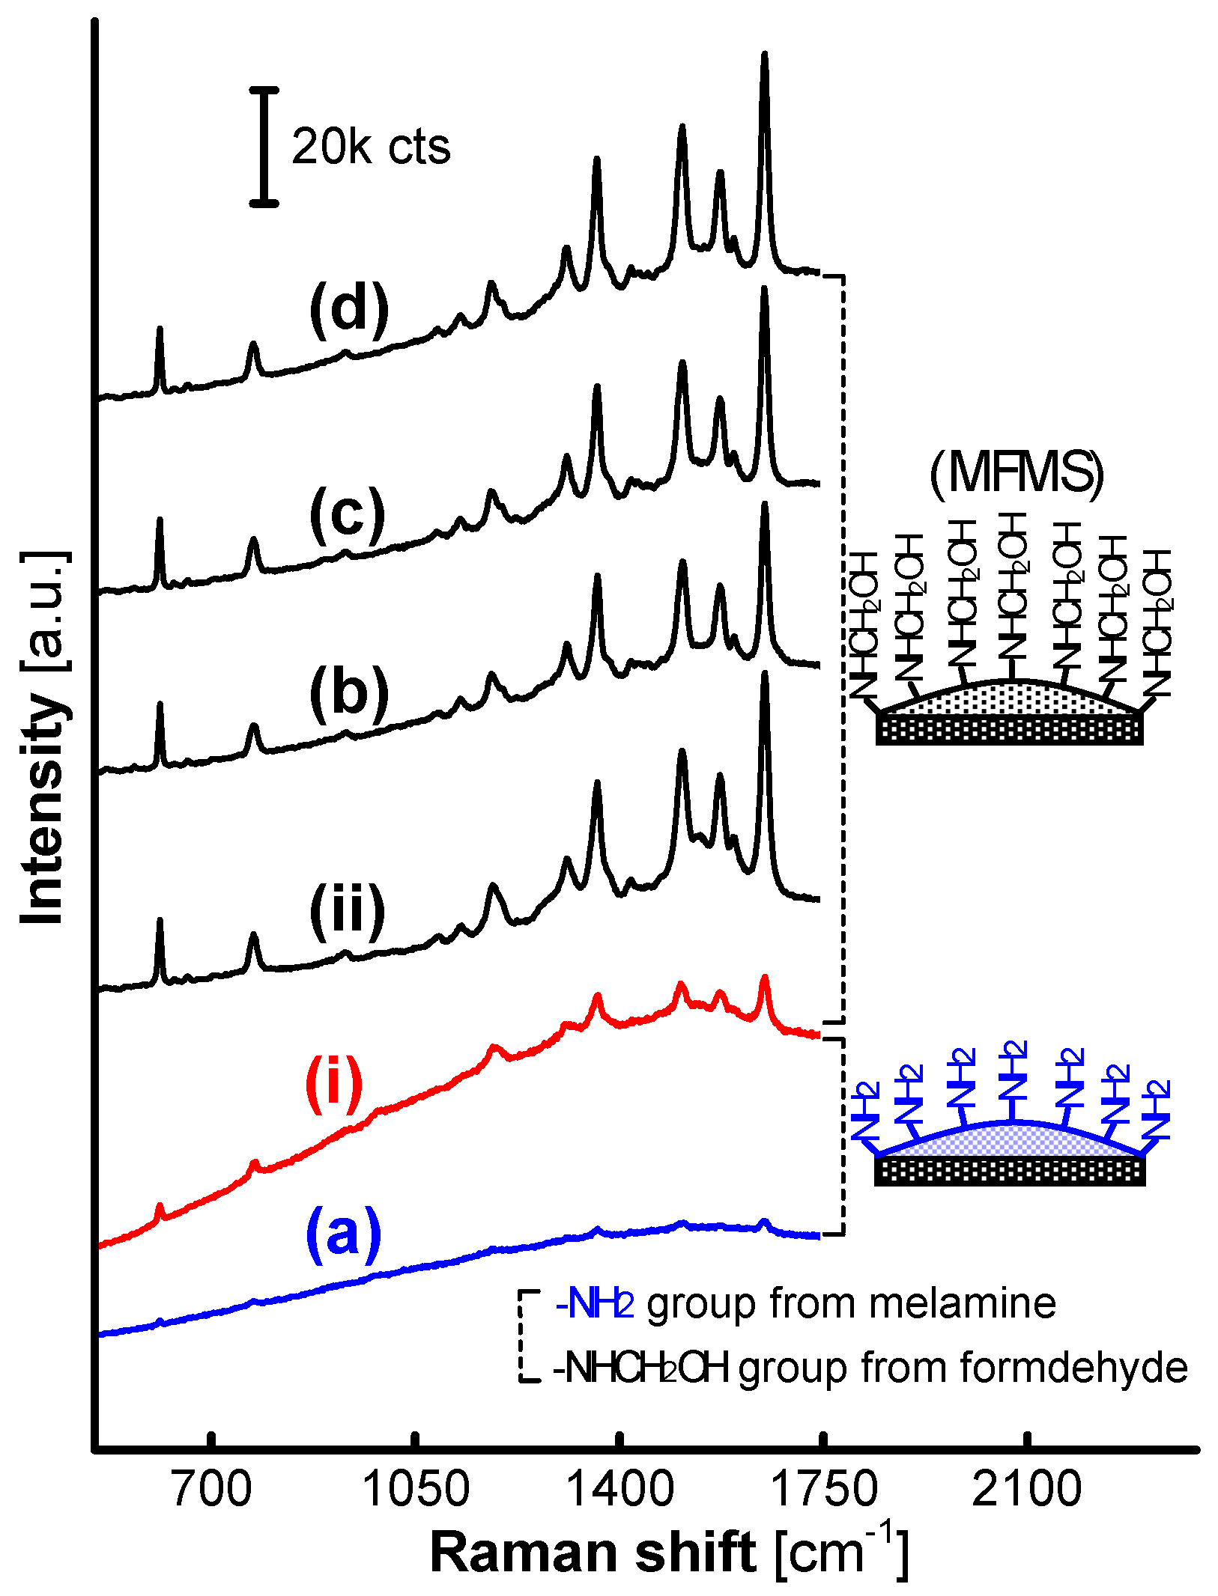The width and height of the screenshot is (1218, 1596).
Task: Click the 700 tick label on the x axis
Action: pyautogui.click(x=212, y=1489)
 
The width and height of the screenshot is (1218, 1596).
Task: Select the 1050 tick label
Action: pyautogui.click(x=416, y=1489)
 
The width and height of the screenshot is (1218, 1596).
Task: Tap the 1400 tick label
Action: pyautogui.click(x=619, y=1489)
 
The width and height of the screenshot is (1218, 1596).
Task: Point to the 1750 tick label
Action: pyautogui.click(x=823, y=1489)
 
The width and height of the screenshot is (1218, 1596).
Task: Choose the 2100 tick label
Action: pyautogui.click(x=1027, y=1489)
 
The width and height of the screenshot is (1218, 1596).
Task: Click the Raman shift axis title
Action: pyautogui.click(x=669, y=1553)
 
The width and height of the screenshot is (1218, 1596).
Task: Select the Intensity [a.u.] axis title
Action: pyautogui.click(x=43, y=737)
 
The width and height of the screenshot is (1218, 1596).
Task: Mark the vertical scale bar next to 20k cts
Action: pyautogui.click(x=264, y=146)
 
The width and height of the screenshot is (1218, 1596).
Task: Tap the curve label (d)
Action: pyautogui.click(x=349, y=310)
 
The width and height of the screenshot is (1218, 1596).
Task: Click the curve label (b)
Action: pyautogui.click(x=349, y=693)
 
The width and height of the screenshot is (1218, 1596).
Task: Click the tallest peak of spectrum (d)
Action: pyautogui.click(x=764, y=56)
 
